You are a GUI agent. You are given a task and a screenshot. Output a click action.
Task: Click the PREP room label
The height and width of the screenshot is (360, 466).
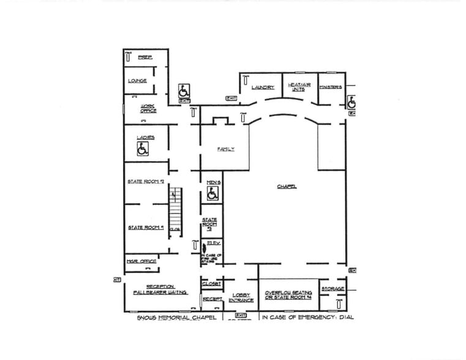(145, 57)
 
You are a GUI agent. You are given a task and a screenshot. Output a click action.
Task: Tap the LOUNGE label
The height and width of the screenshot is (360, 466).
(137, 81)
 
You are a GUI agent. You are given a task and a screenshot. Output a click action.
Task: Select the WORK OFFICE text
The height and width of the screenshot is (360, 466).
(148, 108)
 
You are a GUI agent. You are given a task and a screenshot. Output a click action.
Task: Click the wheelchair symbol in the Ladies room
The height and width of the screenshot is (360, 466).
(143, 149)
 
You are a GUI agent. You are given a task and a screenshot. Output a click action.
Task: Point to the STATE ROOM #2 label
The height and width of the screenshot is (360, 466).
(146, 182)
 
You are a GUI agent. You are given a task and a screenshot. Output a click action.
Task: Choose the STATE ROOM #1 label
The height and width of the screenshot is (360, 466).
(146, 227)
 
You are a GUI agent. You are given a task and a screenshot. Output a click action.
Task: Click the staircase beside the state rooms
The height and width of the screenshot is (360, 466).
(176, 208)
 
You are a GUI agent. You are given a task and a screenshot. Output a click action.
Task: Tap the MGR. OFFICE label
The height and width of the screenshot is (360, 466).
(141, 261)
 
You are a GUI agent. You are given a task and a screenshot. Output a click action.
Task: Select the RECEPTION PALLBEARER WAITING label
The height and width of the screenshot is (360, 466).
(160, 290)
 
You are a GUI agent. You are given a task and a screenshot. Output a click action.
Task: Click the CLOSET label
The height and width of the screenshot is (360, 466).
(211, 283)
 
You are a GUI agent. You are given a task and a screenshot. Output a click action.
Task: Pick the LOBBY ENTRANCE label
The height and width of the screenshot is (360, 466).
(241, 298)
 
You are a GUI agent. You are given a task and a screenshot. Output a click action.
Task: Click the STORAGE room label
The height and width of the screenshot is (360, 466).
(333, 288)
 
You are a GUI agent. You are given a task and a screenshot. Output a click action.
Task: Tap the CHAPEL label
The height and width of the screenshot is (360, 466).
(287, 186)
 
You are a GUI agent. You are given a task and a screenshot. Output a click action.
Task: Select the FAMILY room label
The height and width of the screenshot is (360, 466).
(226, 149)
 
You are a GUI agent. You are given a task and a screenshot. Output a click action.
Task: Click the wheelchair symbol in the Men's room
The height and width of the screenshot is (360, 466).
(212, 195)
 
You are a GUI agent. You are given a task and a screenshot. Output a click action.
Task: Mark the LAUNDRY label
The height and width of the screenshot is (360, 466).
(263, 88)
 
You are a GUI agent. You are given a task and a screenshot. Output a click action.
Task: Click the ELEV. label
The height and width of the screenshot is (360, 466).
(214, 243)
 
